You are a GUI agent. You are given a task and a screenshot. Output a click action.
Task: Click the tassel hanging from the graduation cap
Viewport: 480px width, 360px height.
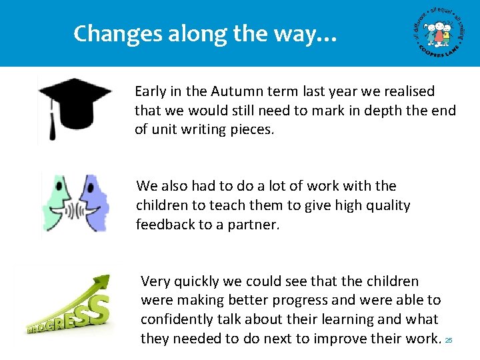click(51, 123)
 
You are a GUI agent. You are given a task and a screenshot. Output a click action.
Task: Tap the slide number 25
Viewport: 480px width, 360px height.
click(449, 340)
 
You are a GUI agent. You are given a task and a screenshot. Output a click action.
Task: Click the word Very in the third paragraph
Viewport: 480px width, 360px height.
click(155, 281)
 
